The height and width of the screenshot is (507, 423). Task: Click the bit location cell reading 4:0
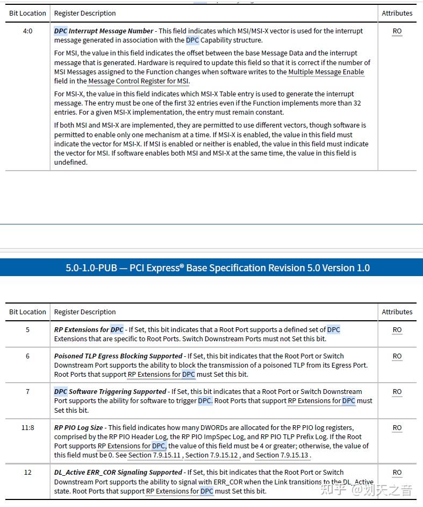coord(27,31)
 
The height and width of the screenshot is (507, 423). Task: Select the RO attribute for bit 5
coord(397,330)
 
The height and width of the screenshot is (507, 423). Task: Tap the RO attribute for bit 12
coord(397,473)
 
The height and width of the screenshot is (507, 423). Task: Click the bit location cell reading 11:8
coord(27,428)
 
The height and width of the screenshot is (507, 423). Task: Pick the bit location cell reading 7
coord(27,392)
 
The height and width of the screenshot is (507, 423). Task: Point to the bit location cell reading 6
coord(27,356)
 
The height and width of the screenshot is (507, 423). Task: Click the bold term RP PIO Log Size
coord(78,428)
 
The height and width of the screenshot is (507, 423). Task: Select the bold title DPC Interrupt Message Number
coord(103,31)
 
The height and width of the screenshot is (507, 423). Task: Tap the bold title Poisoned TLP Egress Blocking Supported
coord(118,356)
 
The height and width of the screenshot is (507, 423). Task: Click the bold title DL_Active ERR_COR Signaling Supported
coord(118,473)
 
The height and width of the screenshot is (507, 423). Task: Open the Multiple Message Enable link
coord(326,72)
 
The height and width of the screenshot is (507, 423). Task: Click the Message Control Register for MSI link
coord(138,81)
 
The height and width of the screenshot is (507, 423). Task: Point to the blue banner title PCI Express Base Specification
coord(218,267)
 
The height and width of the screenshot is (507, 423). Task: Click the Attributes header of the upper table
coord(397,13)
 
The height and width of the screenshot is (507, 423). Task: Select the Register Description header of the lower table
coord(85,312)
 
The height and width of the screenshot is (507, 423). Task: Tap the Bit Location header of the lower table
coord(27,312)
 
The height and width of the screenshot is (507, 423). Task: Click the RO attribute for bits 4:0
coord(397,31)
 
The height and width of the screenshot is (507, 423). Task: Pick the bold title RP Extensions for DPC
coord(89,330)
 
